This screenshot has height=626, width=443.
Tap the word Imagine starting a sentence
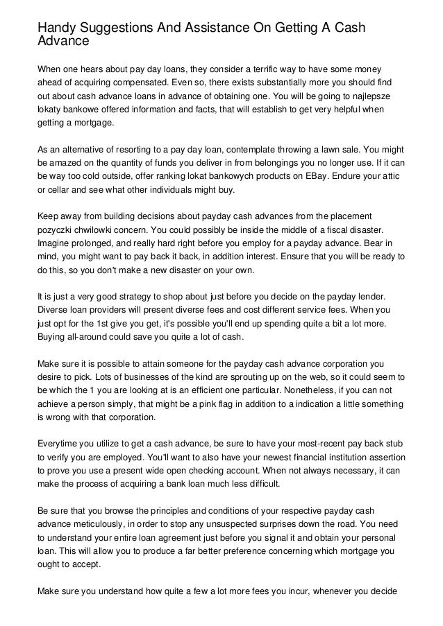click(56, 242)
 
